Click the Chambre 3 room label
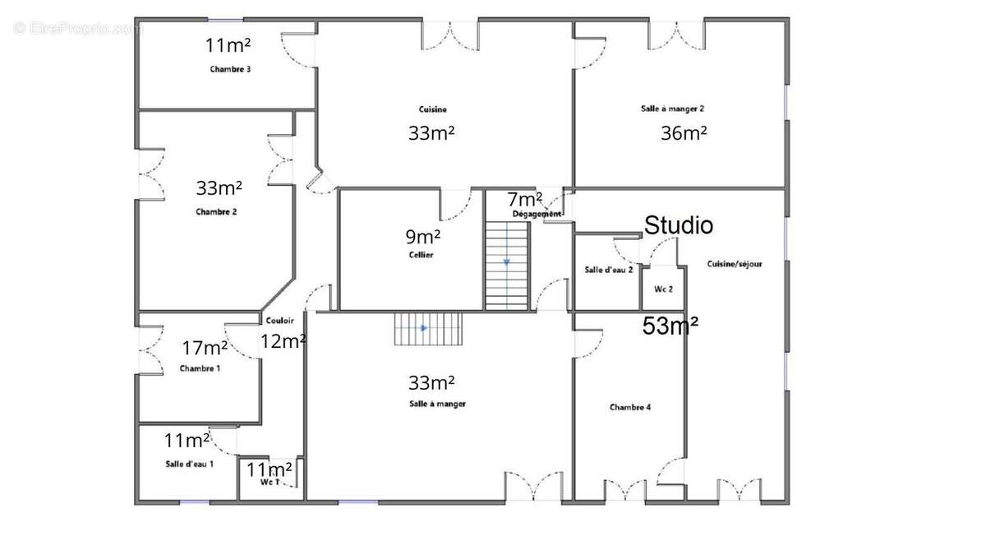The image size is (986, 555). (x=230, y=69)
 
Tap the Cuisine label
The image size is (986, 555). (x=433, y=109)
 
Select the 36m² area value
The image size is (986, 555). (x=684, y=133)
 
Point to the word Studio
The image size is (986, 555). (x=679, y=225)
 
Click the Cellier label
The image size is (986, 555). (x=421, y=255)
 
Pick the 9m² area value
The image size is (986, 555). (x=422, y=237)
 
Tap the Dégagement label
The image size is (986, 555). (x=537, y=214)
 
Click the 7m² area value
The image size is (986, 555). (x=525, y=200)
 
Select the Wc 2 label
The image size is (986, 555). (x=663, y=289)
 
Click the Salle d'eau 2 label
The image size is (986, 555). (x=609, y=270)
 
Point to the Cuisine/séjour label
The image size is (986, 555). (x=735, y=264)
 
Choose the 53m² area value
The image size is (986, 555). (x=670, y=326)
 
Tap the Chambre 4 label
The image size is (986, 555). (x=630, y=408)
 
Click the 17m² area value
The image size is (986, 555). (x=205, y=348)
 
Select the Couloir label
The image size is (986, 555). (x=280, y=321)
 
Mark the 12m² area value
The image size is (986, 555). (x=283, y=341)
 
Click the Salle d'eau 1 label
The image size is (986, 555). (x=190, y=464)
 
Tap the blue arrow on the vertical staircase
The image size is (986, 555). (x=507, y=262)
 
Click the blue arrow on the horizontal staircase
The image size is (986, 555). (x=424, y=328)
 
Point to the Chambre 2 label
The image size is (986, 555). (x=216, y=212)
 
